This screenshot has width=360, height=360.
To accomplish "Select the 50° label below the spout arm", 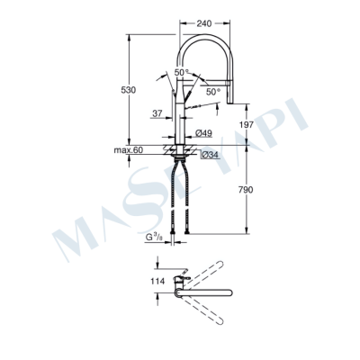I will tap(212, 92).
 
